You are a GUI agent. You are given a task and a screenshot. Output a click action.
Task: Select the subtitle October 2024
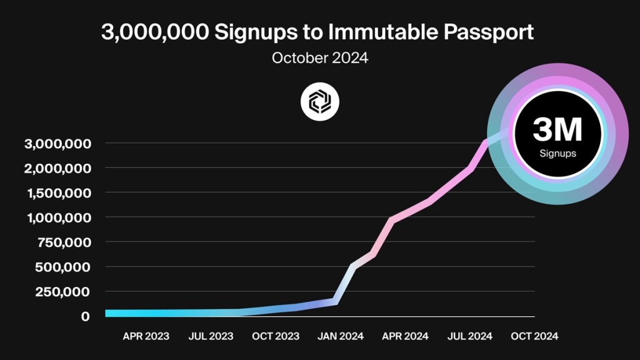[x=320, y=59]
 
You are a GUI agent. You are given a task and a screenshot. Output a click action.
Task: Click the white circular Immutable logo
[x=320, y=101]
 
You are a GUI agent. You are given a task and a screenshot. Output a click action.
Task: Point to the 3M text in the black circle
[x=557, y=130]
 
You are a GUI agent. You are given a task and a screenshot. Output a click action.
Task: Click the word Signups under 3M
[x=557, y=153]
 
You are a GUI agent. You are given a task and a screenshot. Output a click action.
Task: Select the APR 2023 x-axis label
[x=146, y=336]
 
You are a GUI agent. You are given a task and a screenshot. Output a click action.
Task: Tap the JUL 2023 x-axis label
[x=211, y=336]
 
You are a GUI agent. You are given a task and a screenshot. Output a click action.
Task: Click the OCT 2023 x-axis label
[x=276, y=336]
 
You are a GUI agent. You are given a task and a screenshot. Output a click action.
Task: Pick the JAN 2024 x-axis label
[x=341, y=336]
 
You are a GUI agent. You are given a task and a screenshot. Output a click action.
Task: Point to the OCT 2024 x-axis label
[x=534, y=336]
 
